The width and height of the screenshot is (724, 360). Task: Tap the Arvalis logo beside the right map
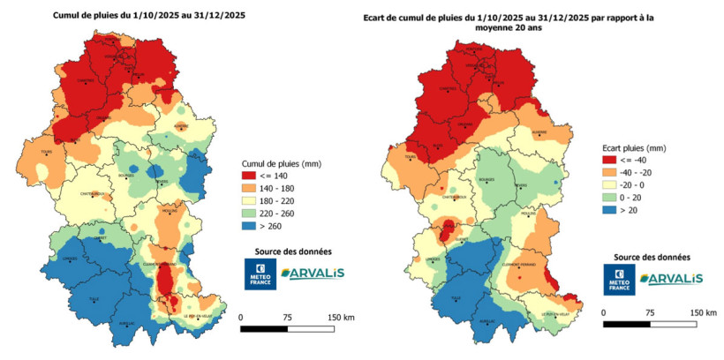click(x=671, y=278)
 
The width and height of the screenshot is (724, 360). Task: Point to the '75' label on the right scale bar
click(x=649, y=312)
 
